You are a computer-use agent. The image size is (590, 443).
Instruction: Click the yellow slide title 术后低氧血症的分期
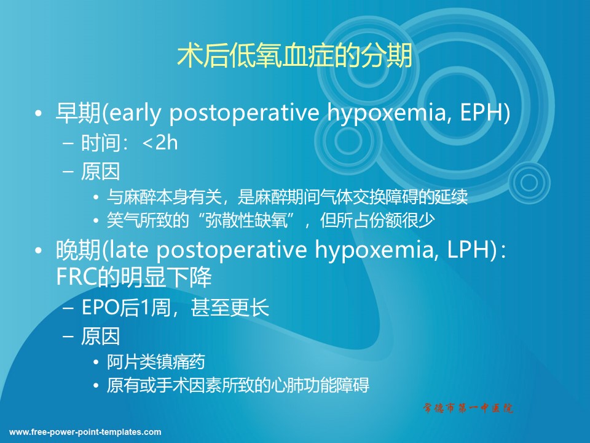point(294,57)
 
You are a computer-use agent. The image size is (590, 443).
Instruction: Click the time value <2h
point(160,143)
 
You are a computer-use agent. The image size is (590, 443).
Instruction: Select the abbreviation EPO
point(100,308)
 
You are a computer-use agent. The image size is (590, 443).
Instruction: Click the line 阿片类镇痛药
point(155,362)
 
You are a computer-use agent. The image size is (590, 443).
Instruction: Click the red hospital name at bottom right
point(468,407)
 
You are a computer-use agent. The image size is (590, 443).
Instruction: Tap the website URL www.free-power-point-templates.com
point(85,432)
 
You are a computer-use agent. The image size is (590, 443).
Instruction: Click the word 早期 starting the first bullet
point(78,112)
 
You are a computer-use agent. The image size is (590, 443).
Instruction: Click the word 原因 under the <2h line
point(100,172)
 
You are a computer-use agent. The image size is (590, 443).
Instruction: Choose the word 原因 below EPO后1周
point(100,336)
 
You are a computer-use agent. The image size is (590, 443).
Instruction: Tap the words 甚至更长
point(230,308)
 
